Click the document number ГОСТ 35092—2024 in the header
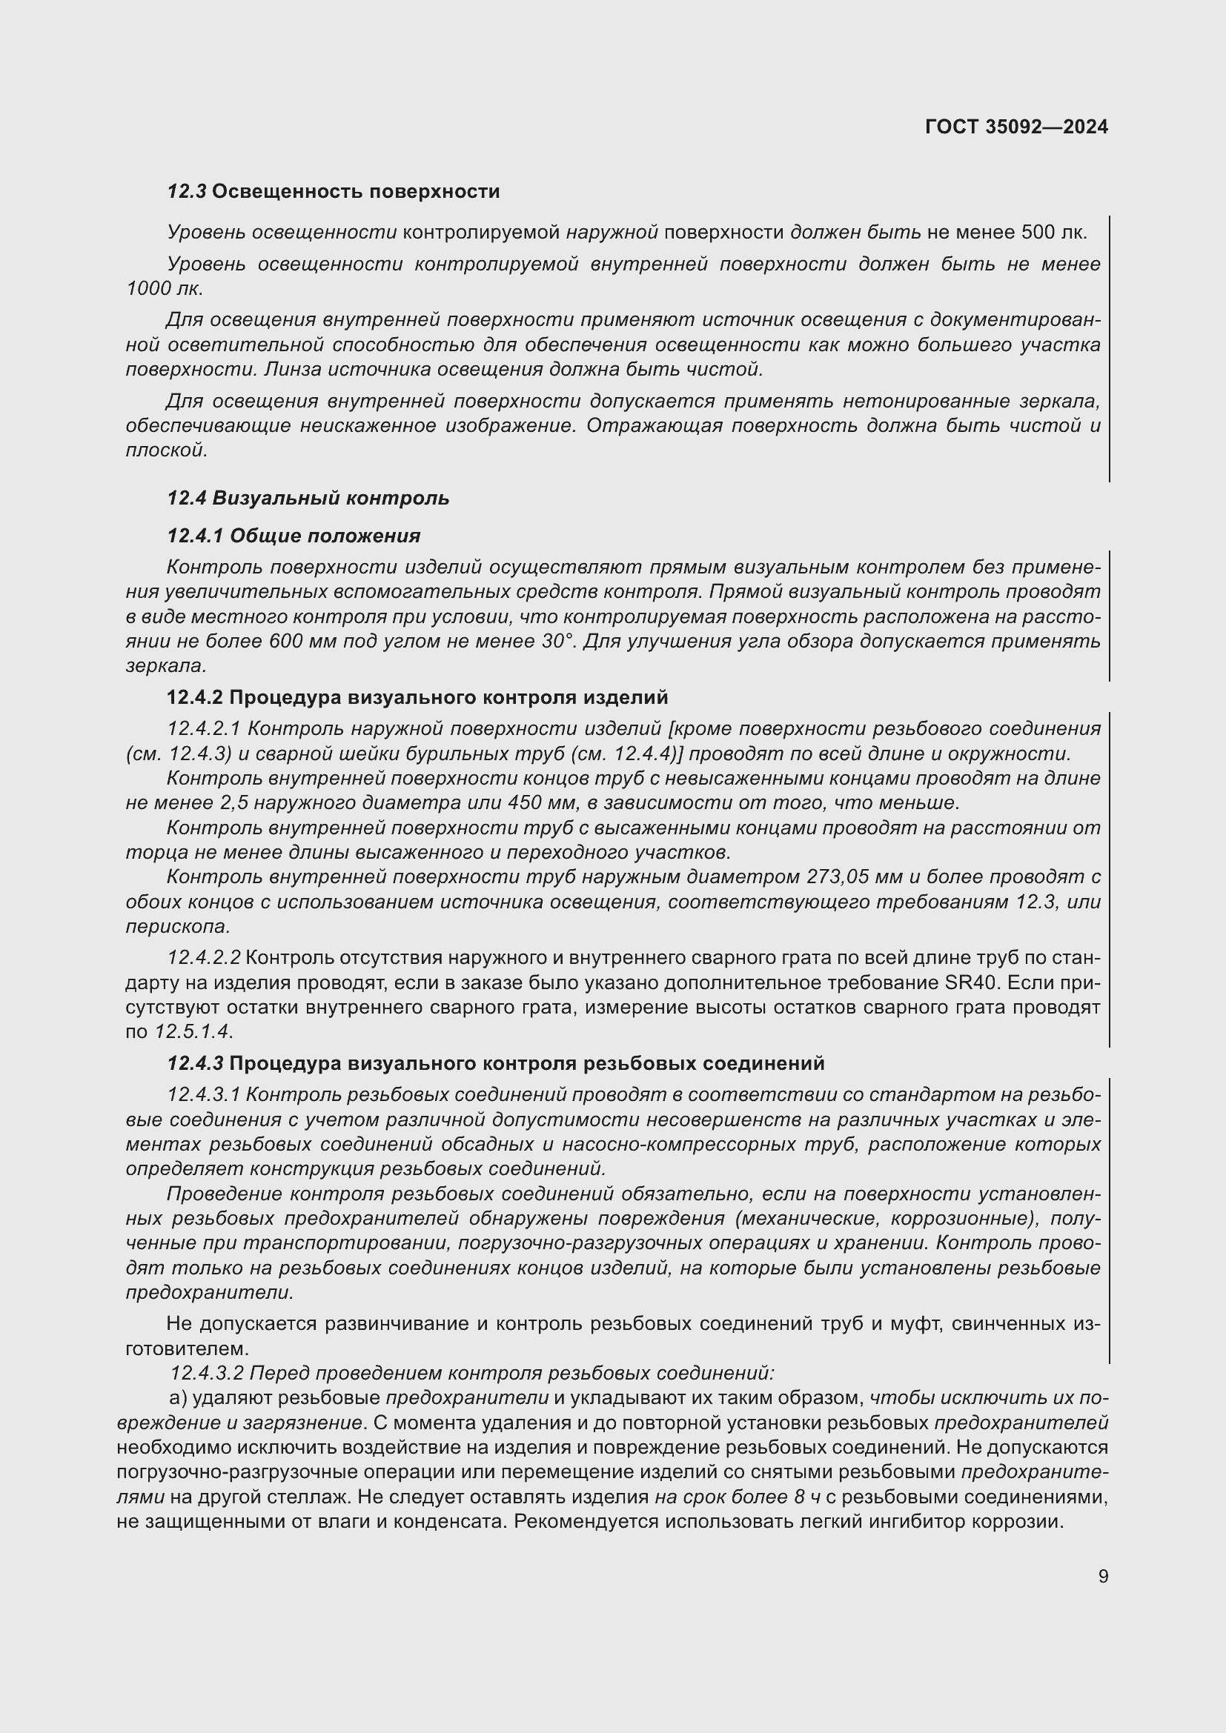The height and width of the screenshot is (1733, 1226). [x=1016, y=127]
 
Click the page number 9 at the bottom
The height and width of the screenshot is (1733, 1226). [x=1103, y=1577]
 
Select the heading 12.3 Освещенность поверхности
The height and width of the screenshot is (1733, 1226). [x=333, y=192]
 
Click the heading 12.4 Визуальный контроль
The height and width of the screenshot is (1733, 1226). [x=308, y=498]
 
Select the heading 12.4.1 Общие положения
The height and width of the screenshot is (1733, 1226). [x=294, y=536]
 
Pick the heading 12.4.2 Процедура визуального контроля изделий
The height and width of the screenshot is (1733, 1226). [x=417, y=697]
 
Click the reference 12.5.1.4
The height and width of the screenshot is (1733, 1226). [x=194, y=1032]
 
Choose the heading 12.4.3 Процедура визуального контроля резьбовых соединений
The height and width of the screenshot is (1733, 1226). [x=496, y=1063]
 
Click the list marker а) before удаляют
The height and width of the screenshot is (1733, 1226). [x=178, y=1398]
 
